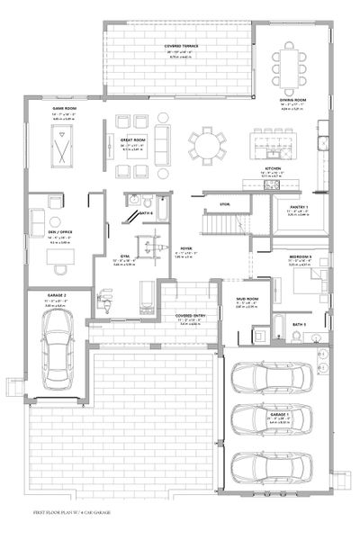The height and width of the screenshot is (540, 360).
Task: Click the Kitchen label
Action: point(274,167)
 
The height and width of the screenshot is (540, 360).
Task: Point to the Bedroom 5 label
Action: point(301,256)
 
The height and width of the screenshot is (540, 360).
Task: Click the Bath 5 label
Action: point(299,323)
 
